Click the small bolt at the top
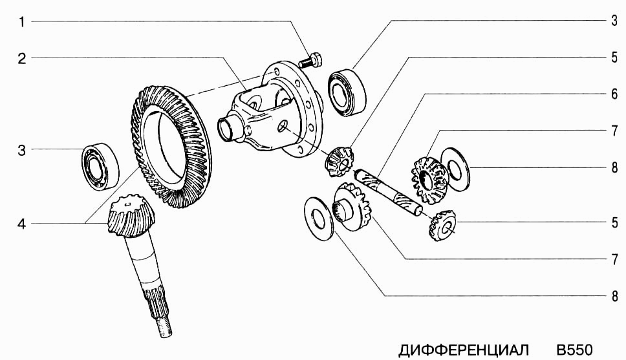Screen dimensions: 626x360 point(311,60)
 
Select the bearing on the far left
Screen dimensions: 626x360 point(101,167)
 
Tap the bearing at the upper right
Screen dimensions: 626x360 point(347,92)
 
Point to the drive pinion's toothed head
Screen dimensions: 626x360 point(131,215)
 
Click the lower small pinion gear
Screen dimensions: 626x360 point(442,226)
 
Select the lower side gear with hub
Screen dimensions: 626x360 point(351,207)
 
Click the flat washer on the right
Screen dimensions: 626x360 point(455,169)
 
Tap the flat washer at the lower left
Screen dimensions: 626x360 point(319,218)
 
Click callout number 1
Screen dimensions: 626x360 point(22,21)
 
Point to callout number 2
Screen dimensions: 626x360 point(22,58)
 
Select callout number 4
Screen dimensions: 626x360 point(22,224)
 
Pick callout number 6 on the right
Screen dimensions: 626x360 point(614,94)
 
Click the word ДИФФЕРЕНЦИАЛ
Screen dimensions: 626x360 point(464,350)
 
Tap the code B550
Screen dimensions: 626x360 point(574,350)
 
